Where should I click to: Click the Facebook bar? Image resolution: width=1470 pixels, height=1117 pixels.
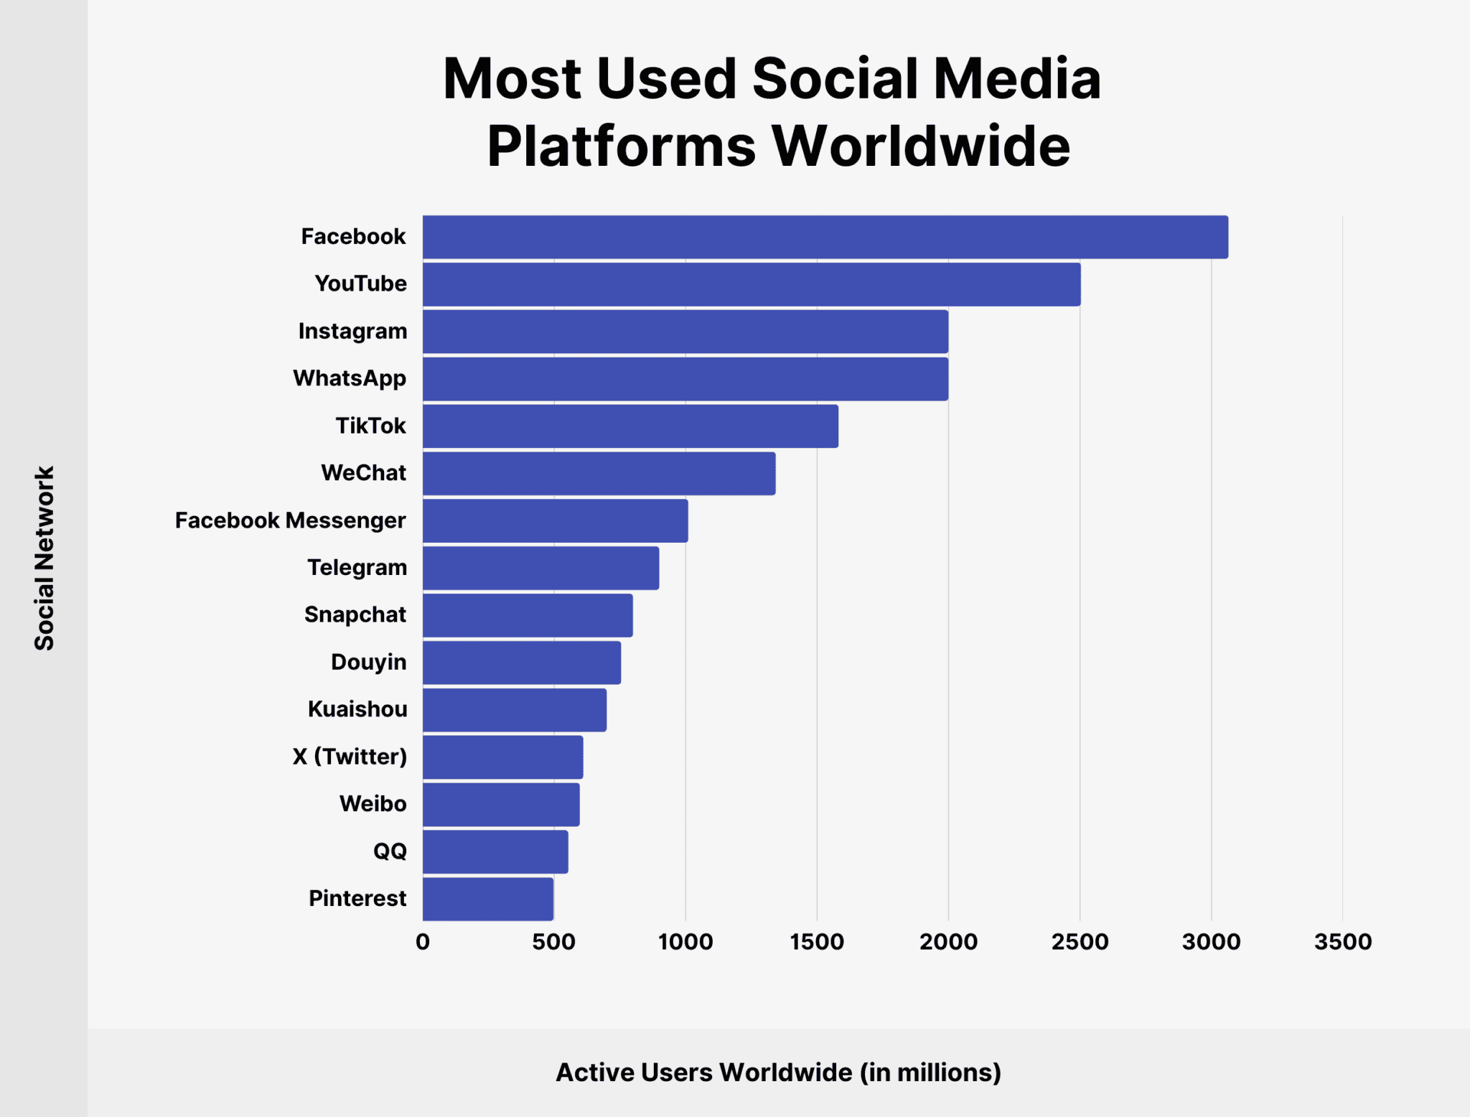[x=825, y=237]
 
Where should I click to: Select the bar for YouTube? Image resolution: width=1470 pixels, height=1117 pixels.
[x=752, y=284]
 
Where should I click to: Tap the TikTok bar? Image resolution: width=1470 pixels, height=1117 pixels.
[x=630, y=426]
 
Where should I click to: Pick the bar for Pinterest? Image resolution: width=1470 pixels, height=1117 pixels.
[x=488, y=899]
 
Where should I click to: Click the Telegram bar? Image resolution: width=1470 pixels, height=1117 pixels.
[x=540, y=568]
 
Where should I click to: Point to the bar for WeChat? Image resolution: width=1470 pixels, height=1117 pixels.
[x=599, y=473]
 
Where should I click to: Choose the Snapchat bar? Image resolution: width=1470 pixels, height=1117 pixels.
[x=528, y=615]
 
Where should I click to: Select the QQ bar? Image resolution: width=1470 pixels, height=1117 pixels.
[x=495, y=851]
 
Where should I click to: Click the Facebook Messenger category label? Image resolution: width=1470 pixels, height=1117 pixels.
[x=290, y=520]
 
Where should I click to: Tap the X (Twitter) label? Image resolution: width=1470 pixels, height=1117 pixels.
[x=350, y=757]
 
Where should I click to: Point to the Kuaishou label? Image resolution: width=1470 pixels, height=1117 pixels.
[x=357, y=709]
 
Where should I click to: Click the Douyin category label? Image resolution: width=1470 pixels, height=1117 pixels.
[x=368, y=662]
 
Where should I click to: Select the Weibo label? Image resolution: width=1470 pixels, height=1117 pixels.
[x=373, y=804]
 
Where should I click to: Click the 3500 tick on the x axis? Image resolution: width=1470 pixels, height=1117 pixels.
[x=1342, y=942]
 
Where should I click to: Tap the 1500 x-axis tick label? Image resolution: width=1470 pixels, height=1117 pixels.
[x=817, y=942]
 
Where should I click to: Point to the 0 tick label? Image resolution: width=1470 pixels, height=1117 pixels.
[x=423, y=942]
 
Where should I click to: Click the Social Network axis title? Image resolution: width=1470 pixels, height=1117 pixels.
[x=45, y=558]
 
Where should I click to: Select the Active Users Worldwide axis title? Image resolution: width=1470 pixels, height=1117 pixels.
[x=778, y=1072]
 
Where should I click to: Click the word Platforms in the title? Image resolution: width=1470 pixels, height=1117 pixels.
[x=621, y=146]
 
